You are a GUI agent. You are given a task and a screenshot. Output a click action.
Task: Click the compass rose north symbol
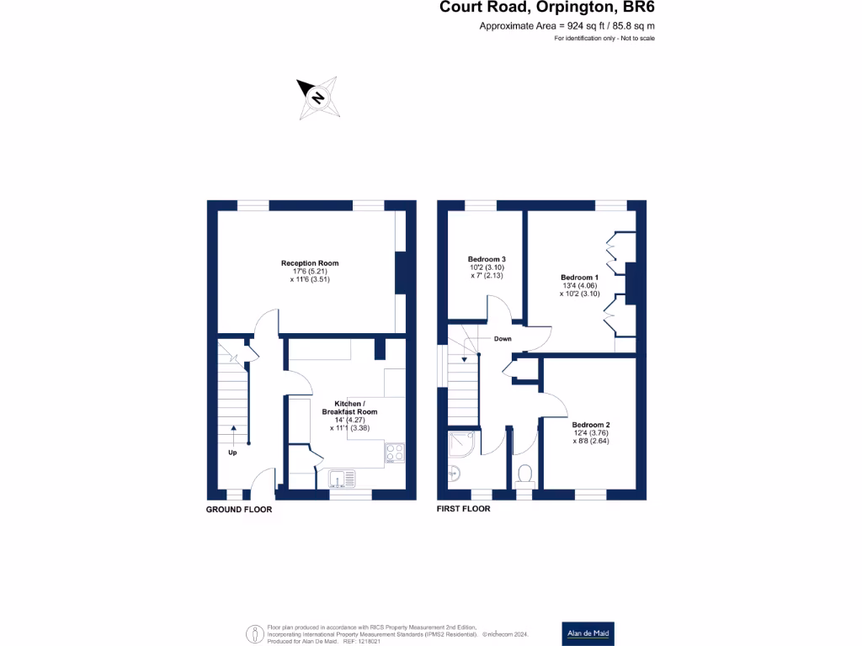coord(317,98)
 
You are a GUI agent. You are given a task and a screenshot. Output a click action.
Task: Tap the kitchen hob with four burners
coord(394,454)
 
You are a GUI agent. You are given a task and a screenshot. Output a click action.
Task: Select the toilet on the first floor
coord(525,475)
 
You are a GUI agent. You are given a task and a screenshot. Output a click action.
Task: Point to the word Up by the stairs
coord(232,453)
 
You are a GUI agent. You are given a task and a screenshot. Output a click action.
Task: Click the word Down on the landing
coord(503,339)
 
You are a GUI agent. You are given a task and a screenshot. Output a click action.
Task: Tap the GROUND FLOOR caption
coord(239,510)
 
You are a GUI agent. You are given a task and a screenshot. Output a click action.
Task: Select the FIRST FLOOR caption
coord(463,509)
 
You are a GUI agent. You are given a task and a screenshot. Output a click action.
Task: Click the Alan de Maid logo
coord(588,633)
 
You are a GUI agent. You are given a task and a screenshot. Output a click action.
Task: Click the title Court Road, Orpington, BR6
coord(547,8)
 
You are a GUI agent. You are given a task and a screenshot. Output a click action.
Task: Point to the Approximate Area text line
coord(567,27)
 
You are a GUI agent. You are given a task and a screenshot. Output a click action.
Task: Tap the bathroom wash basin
coord(454,474)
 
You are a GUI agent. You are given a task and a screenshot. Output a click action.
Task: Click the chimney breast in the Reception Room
coord(401,272)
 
